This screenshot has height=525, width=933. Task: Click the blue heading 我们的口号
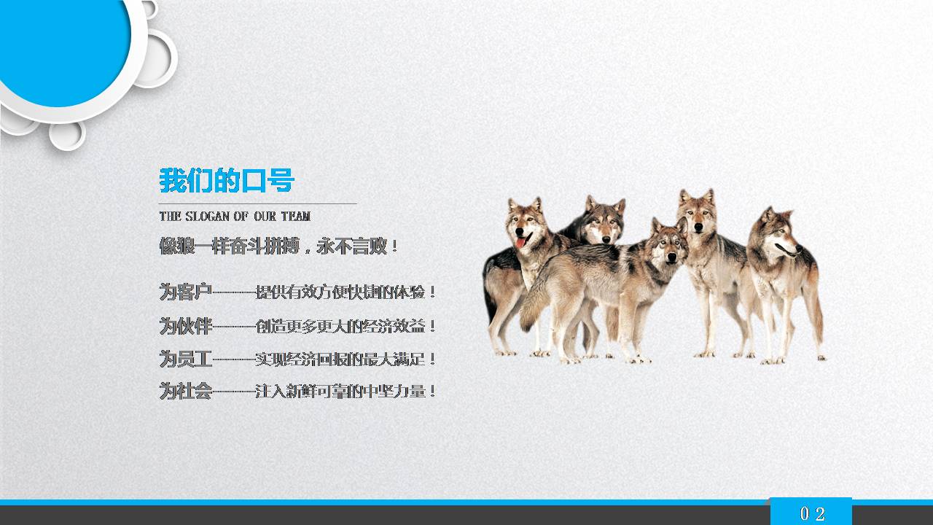pos(227,180)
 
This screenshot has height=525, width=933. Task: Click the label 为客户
pos(185,292)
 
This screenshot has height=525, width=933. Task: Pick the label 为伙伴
pos(185,326)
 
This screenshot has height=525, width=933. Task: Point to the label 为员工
pos(185,359)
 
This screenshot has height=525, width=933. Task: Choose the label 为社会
pos(185,392)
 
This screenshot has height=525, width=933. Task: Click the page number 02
pos(812,513)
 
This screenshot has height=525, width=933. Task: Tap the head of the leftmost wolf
pos(526,222)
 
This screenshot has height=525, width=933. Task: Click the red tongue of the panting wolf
pos(520,242)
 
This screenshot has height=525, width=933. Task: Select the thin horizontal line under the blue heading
pos(258,203)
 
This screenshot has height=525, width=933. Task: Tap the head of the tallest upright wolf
pos(697,211)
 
